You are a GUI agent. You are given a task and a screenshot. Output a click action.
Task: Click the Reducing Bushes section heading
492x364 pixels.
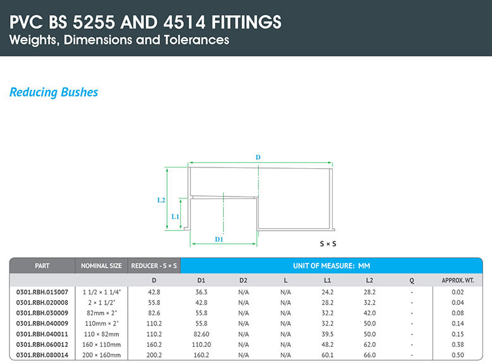pos(54,92)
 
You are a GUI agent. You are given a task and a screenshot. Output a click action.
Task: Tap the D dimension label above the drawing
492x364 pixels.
pos(258,157)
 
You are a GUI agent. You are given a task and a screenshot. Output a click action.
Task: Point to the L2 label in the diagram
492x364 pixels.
pos(161,200)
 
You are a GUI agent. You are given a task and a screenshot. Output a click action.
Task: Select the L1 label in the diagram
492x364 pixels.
pos(175,216)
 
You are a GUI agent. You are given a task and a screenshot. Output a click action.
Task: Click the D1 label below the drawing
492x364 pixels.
pos(219,240)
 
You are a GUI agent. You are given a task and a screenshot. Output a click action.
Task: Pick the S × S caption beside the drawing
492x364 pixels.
pos(328,243)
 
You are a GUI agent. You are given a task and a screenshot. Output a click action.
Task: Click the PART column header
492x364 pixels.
pos(42,266)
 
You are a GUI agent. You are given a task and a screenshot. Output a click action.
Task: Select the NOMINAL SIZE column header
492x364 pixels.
pos(101,266)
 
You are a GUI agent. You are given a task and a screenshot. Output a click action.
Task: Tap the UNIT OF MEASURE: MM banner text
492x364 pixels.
pos(331,266)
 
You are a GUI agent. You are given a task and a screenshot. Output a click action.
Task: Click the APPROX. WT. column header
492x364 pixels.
pos(458,281)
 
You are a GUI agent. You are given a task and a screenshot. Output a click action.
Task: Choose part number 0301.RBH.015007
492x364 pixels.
pos(42,292)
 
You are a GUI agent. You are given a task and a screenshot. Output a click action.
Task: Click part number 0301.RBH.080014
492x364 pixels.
pos(42,355)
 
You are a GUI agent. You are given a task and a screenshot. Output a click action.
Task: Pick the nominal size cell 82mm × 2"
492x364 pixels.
pos(101,313)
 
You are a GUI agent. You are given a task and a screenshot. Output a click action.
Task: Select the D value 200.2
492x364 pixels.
pos(154,355)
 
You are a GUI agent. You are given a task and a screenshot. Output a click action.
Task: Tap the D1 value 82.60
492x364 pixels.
pos(201,334)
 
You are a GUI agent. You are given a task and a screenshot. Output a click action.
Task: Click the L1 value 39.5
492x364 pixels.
pos(328,334)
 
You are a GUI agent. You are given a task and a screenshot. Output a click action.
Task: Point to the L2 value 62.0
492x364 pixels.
pos(369,344)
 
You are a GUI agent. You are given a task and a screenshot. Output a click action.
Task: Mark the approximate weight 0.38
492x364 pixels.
pos(458,344)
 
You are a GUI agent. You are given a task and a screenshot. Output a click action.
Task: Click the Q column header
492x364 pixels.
pos(412,281)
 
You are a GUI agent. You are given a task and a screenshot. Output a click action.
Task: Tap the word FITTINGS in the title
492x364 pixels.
pos(246,22)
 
